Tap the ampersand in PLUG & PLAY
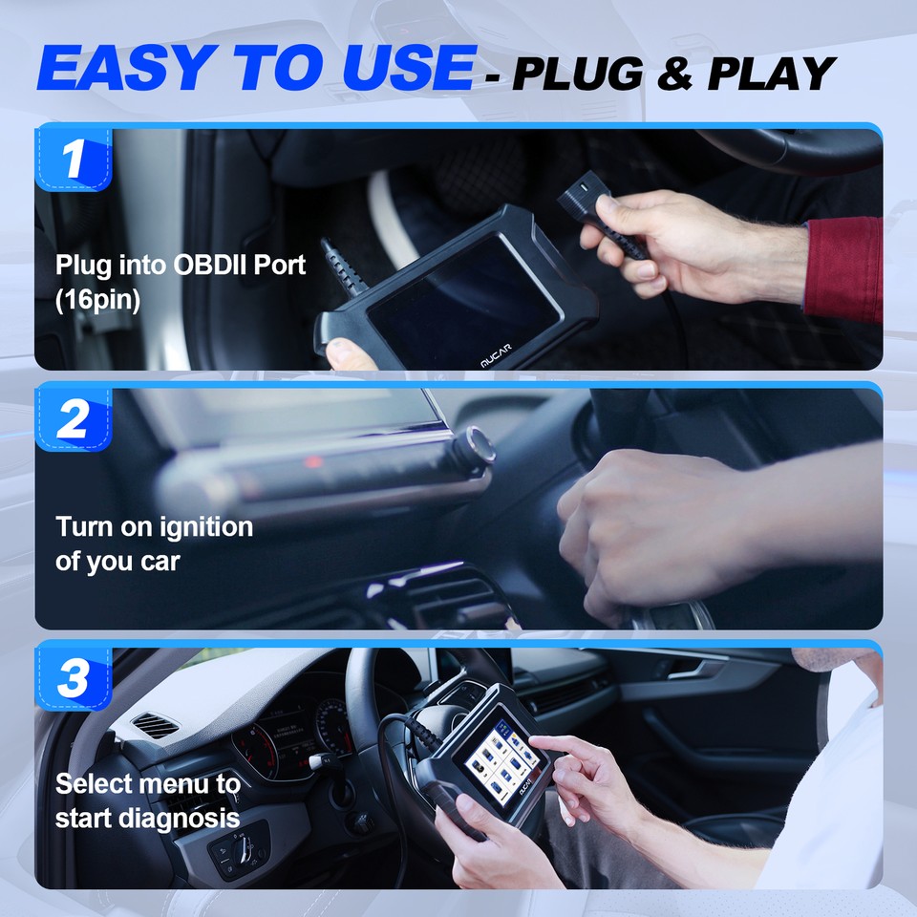pos(674,73)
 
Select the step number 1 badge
pos(74,160)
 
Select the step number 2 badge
pos(74,418)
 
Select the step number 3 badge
pos(74,677)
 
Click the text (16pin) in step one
pos(98,300)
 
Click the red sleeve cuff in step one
pos(844,268)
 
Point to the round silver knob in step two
pos(475,445)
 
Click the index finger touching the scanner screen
pos(541,744)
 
